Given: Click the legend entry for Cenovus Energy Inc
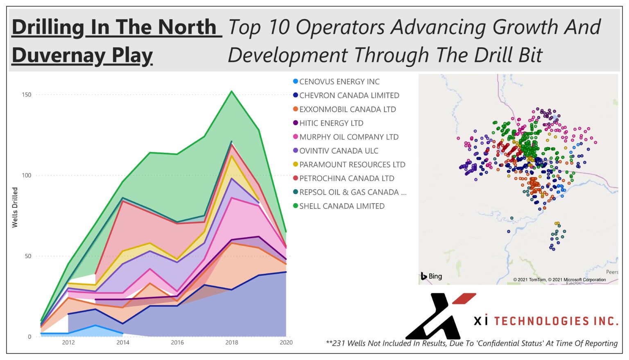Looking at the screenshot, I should [339, 82].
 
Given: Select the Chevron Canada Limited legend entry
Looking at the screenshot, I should [349, 95].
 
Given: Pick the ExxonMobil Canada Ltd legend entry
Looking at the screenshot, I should [347, 109].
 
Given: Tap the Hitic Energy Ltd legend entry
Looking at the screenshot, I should [331, 123].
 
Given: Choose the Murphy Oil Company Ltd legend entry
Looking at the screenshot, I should [348, 137].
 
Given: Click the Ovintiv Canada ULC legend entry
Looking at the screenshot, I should [339, 151].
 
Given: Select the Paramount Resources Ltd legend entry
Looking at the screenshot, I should [352, 165].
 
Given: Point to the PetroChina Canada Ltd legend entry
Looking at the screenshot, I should [346, 179].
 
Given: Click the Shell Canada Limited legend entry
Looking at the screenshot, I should [342, 206].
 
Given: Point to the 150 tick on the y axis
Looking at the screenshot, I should [26, 95].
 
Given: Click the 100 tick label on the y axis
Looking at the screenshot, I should [26, 175].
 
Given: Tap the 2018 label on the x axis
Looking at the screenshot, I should [232, 342].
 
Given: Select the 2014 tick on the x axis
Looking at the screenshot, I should [123, 342].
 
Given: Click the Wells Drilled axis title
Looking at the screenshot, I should [15, 207].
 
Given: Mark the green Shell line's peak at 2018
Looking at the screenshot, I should [232, 91].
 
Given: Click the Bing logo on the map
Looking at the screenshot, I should [432, 276].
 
